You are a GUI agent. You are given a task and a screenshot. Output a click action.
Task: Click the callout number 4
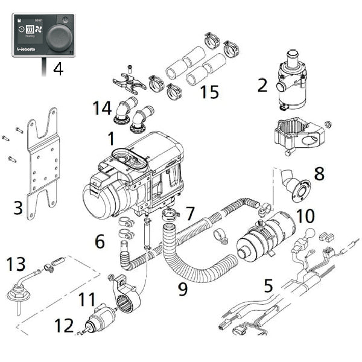[57, 69]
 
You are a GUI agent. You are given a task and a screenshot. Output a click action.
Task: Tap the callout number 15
[209, 92]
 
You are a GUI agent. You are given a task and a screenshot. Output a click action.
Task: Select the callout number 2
[262, 84]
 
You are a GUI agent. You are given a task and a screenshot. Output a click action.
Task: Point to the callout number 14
[102, 109]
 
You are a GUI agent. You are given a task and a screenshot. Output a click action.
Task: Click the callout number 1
[111, 139]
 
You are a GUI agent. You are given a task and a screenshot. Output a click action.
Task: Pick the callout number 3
[18, 209]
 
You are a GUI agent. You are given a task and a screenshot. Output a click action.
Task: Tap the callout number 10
[306, 215]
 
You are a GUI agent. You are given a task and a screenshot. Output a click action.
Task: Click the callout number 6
[100, 241]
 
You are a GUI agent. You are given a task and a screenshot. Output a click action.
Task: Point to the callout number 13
[16, 264]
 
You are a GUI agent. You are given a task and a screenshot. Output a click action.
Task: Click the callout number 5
[268, 285]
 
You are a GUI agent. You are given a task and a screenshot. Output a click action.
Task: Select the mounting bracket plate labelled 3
[43, 163]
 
